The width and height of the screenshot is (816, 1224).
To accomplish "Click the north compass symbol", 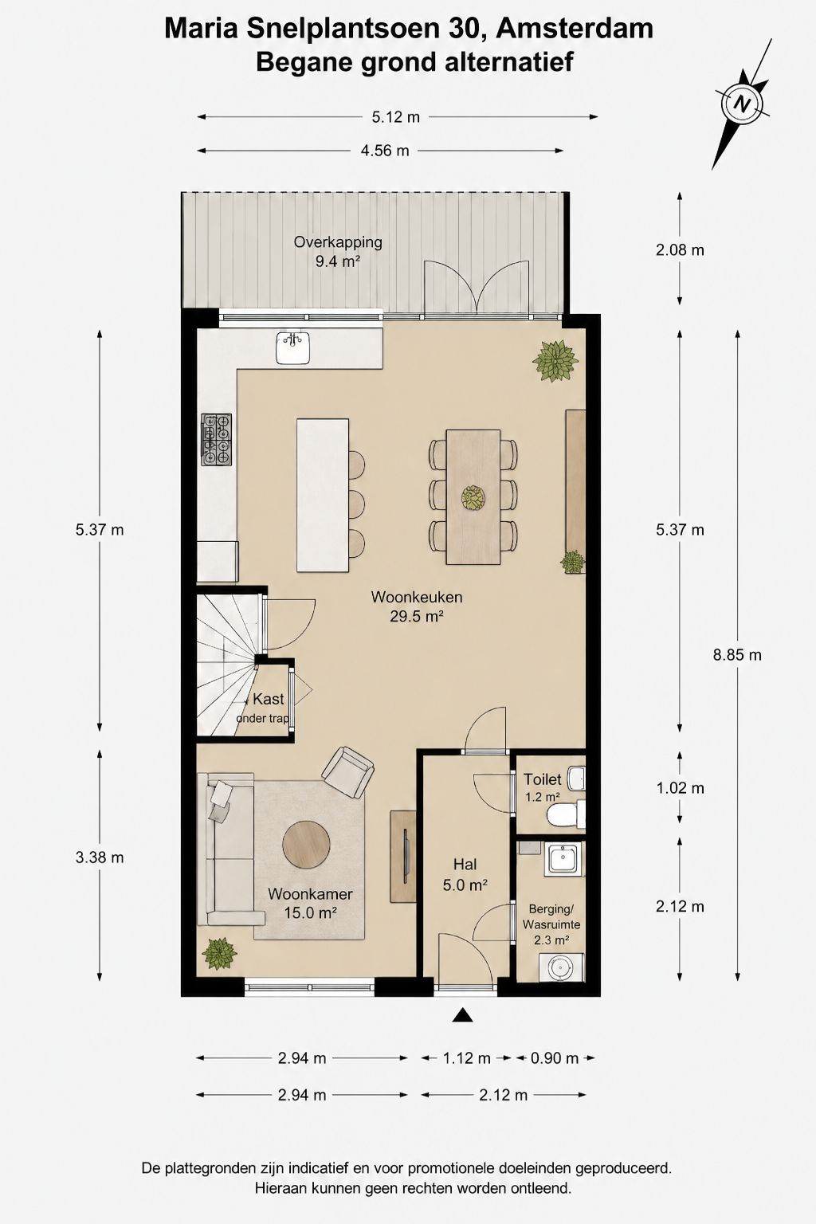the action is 742,104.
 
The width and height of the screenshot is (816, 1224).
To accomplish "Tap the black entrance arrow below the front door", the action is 463,1014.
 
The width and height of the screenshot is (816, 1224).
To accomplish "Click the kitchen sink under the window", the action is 292,347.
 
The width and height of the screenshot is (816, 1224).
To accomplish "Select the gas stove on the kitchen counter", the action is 217,439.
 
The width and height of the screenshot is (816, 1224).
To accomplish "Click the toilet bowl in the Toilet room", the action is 565,815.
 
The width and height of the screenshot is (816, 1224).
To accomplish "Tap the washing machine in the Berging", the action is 561,967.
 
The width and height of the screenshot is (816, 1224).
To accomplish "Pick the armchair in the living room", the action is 348,772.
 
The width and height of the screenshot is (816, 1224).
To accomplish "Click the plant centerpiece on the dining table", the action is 473,497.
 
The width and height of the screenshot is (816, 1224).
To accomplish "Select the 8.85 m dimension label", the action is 737,654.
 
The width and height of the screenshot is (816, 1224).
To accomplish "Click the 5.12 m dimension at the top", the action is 396,117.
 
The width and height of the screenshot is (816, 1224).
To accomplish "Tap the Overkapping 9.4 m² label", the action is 338,251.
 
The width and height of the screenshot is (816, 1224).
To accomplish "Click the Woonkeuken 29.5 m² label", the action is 417,606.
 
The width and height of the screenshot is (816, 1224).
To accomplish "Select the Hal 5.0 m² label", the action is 465,874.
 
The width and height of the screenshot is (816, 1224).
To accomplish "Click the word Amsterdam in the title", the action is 575,29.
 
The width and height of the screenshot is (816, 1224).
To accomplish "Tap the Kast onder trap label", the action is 263,708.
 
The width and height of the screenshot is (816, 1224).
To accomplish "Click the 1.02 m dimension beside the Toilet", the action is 680,788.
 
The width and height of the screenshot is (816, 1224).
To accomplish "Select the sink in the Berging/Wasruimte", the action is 565,860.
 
